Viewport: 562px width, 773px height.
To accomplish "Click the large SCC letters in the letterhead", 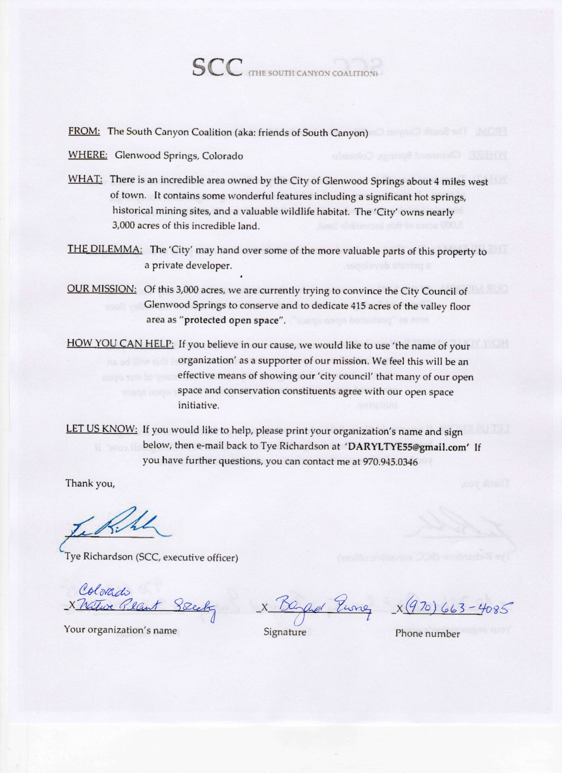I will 217,67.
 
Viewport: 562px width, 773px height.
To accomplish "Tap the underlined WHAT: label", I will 85,179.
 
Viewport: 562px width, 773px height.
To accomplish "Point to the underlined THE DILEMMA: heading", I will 105,249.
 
